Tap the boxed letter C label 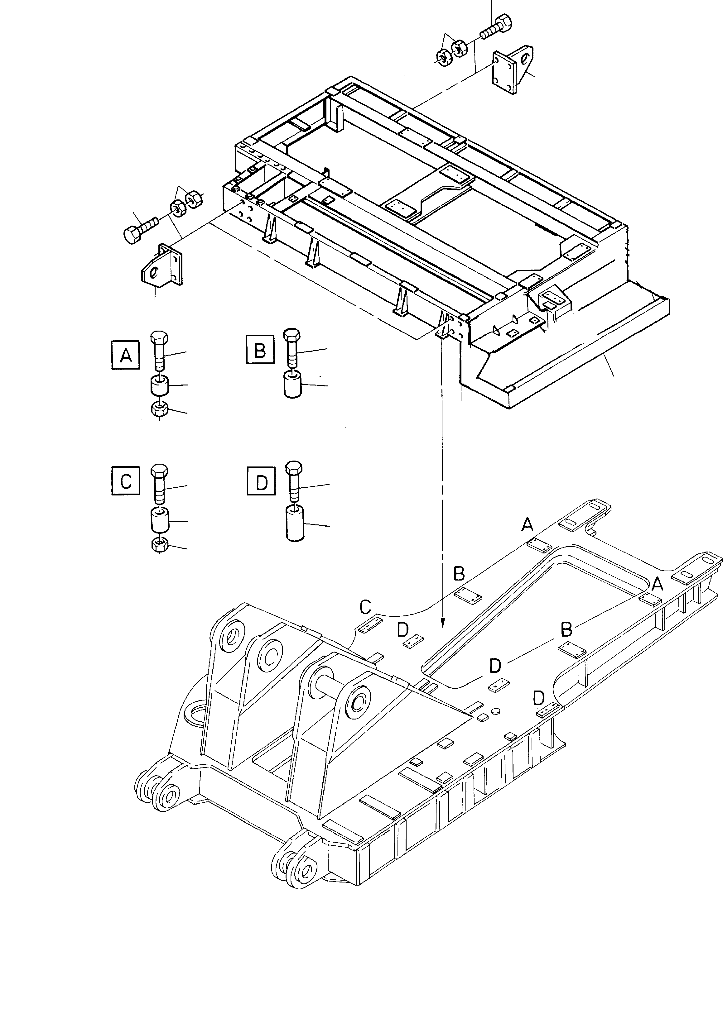(x=125, y=481)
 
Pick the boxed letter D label (x=261, y=482)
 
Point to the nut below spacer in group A (x=160, y=409)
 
